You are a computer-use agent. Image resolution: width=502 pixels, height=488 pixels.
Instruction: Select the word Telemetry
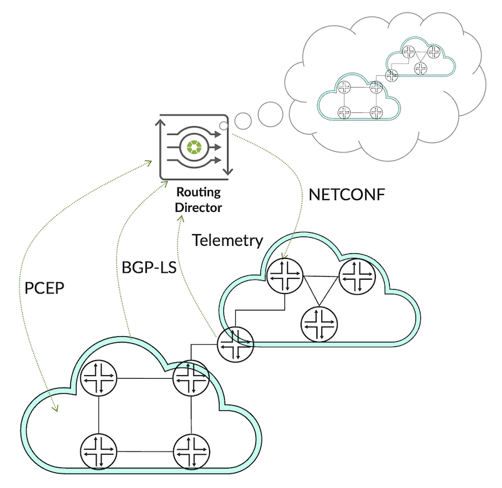(x=227, y=240)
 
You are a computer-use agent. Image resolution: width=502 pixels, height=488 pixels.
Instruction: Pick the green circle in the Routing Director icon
(x=193, y=147)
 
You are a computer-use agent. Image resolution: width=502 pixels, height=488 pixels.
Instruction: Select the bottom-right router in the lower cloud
(x=190, y=450)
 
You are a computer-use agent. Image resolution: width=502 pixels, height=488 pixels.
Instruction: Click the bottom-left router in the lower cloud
(x=99, y=450)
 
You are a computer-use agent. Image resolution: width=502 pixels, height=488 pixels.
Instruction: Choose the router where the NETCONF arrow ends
(x=286, y=275)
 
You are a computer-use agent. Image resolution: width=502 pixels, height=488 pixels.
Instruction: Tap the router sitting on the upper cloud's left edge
(x=236, y=344)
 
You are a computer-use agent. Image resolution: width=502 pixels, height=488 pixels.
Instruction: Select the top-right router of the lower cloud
(x=190, y=378)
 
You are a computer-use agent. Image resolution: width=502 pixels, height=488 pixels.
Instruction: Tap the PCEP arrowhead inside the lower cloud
(x=55, y=409)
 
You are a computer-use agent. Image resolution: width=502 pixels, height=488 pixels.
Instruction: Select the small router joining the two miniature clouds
(x=392, y=76)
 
